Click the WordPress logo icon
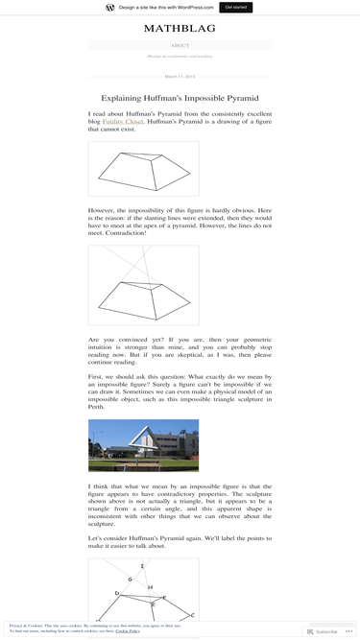[110, 7]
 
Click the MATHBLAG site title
[180, 29]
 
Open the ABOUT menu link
[180, 45]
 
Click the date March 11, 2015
[180, 76]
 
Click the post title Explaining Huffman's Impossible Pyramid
[180, 98]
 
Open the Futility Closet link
[123, 122]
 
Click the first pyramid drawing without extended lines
[143, 170]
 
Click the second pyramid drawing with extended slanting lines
[143, 285]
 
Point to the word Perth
[96, 407]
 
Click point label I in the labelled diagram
[142, 567]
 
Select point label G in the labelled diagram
[130, 580]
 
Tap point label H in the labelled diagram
[150, 587]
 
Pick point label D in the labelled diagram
[117, 593]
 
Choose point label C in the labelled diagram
[192, 615]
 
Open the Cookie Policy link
[128, 631]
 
